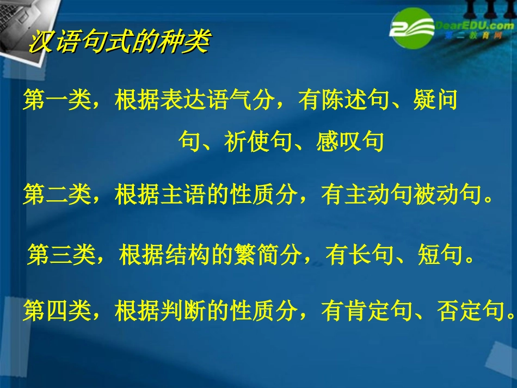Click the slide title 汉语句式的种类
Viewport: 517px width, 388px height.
119,42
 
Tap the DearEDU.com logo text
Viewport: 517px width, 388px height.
470,26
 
